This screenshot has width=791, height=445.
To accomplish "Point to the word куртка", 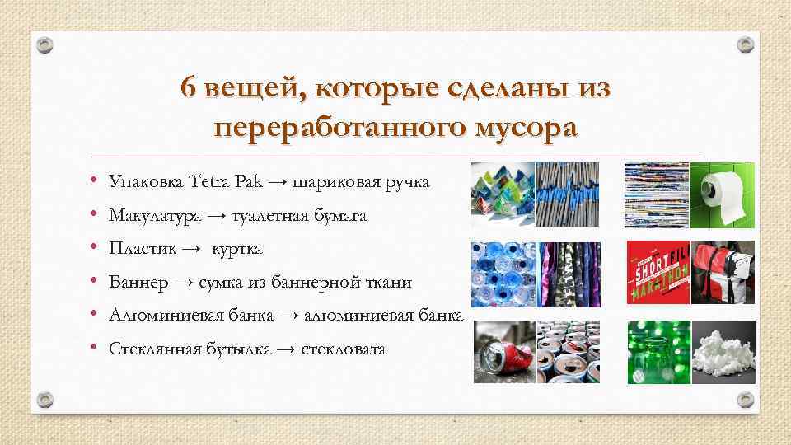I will [238, 248].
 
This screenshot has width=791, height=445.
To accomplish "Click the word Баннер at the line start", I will [139, 282].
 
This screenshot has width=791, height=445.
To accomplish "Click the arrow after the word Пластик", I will [191, 248].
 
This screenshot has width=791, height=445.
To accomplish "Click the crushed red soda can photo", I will [503, 352].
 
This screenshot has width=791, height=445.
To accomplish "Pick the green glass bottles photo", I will [657, 352].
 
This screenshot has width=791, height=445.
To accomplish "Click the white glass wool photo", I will [722, 352].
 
